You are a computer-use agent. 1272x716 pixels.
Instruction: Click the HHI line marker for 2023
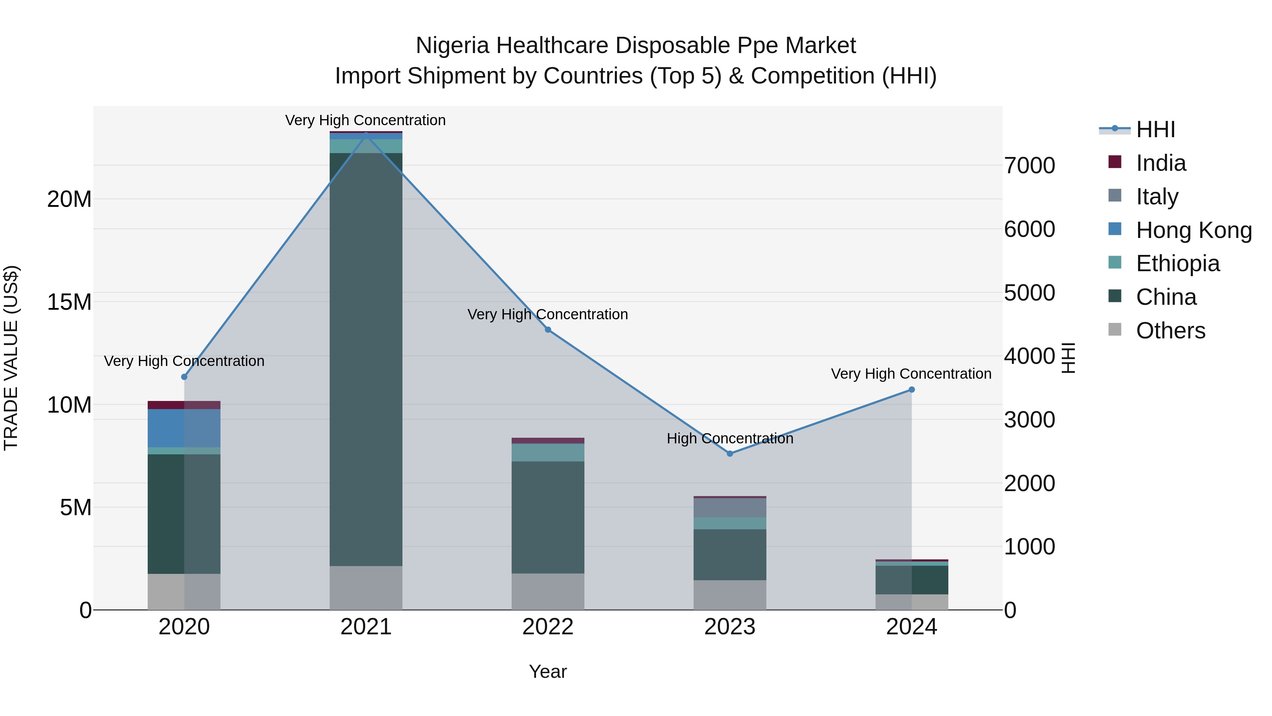click(730, 454)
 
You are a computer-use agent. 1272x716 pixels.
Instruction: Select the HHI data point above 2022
click(548, 330)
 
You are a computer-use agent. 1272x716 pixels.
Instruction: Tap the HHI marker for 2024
click(912, 390)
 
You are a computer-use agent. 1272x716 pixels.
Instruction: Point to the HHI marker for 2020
click(184, 377)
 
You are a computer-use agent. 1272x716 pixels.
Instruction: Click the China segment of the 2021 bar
click(366, 359)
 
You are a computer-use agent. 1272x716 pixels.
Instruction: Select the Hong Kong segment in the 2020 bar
click(184, 428)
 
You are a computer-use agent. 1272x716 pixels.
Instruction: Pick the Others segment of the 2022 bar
click(548, 592)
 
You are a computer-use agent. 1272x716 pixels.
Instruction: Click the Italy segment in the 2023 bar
click(730, 507)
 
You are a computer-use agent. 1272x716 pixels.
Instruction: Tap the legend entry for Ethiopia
click(1177, 263)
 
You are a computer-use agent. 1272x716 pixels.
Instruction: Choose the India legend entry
click(1160, 163)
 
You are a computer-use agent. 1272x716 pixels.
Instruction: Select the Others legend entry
click(1170, 331)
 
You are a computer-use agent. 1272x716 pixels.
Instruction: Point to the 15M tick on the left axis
click(70, 302)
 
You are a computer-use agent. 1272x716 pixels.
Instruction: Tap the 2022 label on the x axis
click(548, 627)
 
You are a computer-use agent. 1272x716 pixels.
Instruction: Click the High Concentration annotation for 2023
click(730, 438)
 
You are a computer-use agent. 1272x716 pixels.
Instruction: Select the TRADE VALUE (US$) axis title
click(11, 358)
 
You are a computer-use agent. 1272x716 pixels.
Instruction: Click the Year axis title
click(548, 671)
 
